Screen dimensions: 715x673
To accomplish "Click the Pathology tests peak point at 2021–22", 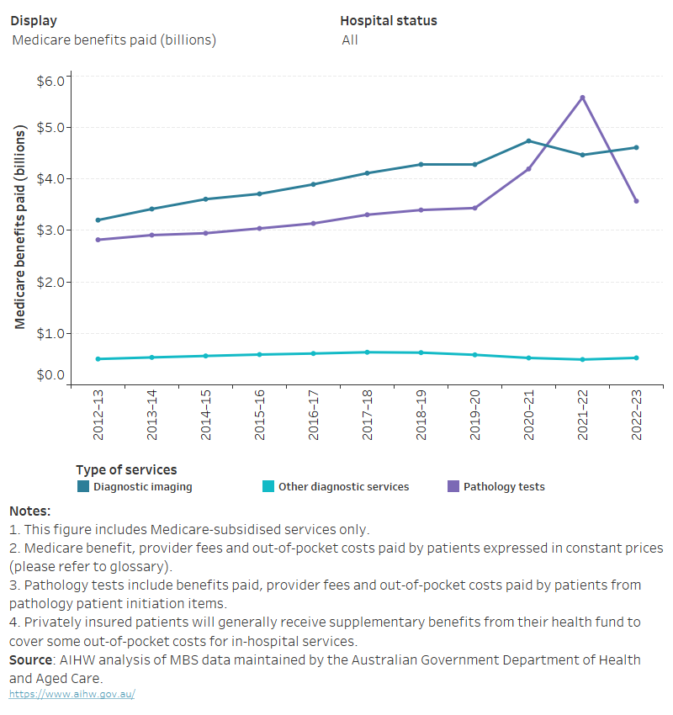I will click(x=582, y=98).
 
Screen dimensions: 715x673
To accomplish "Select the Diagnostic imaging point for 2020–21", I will click(x=528, y=141).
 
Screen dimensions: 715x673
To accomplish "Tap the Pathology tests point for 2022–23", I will click(x=636, y=201).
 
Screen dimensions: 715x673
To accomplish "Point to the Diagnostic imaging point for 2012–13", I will click(x=98, y=220).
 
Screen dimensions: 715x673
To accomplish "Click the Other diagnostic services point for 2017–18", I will click(x=367, y=352).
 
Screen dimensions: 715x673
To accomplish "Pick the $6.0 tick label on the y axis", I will click(x=50, y=81).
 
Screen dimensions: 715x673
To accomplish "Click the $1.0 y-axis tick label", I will click(x=50, y=333).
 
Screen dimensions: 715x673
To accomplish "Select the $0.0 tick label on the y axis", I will click(x=50, y=375).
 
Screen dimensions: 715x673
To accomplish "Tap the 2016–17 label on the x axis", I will click(x=314, y=414).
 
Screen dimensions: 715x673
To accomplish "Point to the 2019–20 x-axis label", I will click(x=475, y=414).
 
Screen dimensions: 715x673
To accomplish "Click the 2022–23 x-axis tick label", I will click(x=637, y=414).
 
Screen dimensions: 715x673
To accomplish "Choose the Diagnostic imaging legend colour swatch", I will click(x=82, y=486).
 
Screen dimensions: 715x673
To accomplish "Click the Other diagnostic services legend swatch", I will click(x=268, y=486).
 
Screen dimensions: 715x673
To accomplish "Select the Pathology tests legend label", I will click(x=504, y=486).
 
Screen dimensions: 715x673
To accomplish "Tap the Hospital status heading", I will click(x=389, y=20).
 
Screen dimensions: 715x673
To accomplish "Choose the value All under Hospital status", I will click(x=350, y=40).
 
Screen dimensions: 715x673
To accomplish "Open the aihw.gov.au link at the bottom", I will click(x=72, y=694).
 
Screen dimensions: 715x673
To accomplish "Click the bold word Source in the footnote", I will click(x=30, y=659).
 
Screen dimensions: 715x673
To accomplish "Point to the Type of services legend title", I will click(x=126, y=469).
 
